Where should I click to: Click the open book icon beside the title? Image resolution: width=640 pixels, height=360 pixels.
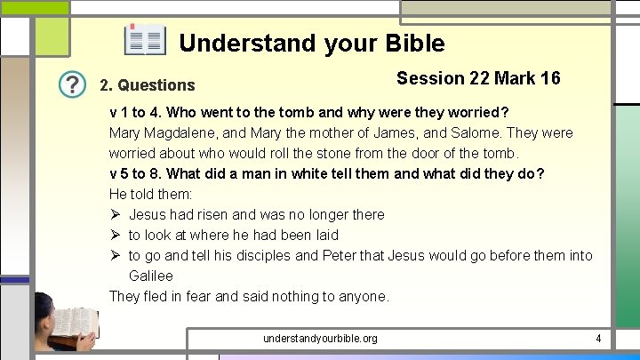145,41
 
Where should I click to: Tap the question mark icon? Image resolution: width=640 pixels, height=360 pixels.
73,84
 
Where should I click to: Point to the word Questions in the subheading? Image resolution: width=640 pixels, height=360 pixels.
156,85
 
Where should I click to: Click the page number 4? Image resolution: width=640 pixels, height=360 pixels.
598,338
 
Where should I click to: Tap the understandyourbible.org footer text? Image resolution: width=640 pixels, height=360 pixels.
320,338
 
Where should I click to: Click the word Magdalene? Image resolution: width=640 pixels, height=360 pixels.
187,133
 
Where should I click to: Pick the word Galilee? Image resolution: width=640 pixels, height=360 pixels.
150,276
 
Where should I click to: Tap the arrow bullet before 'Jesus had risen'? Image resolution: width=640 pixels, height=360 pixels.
115,214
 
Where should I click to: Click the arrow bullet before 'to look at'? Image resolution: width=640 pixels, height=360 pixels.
115,235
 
